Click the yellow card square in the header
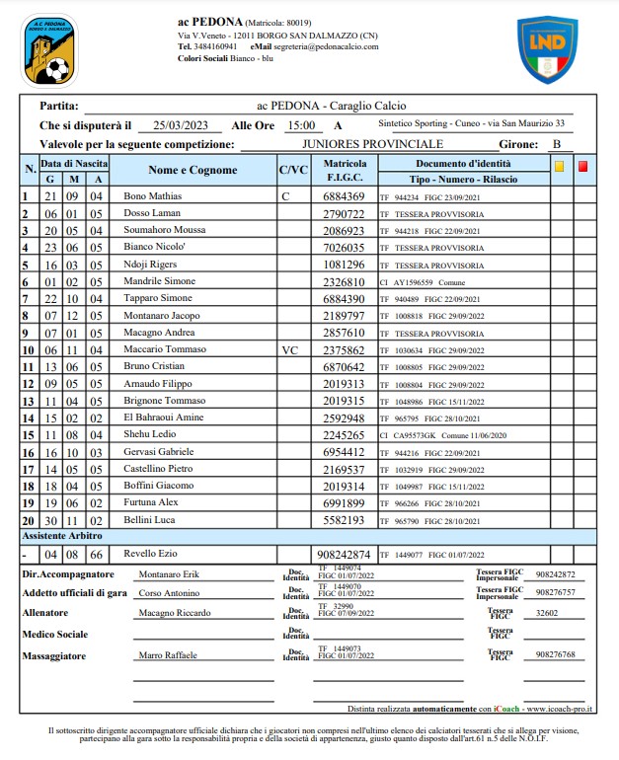560,167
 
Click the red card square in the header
582,167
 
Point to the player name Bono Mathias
153,196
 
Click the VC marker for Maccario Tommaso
289,349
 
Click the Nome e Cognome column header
193,170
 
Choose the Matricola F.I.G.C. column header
345,170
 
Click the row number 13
29,401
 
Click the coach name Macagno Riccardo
175,613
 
